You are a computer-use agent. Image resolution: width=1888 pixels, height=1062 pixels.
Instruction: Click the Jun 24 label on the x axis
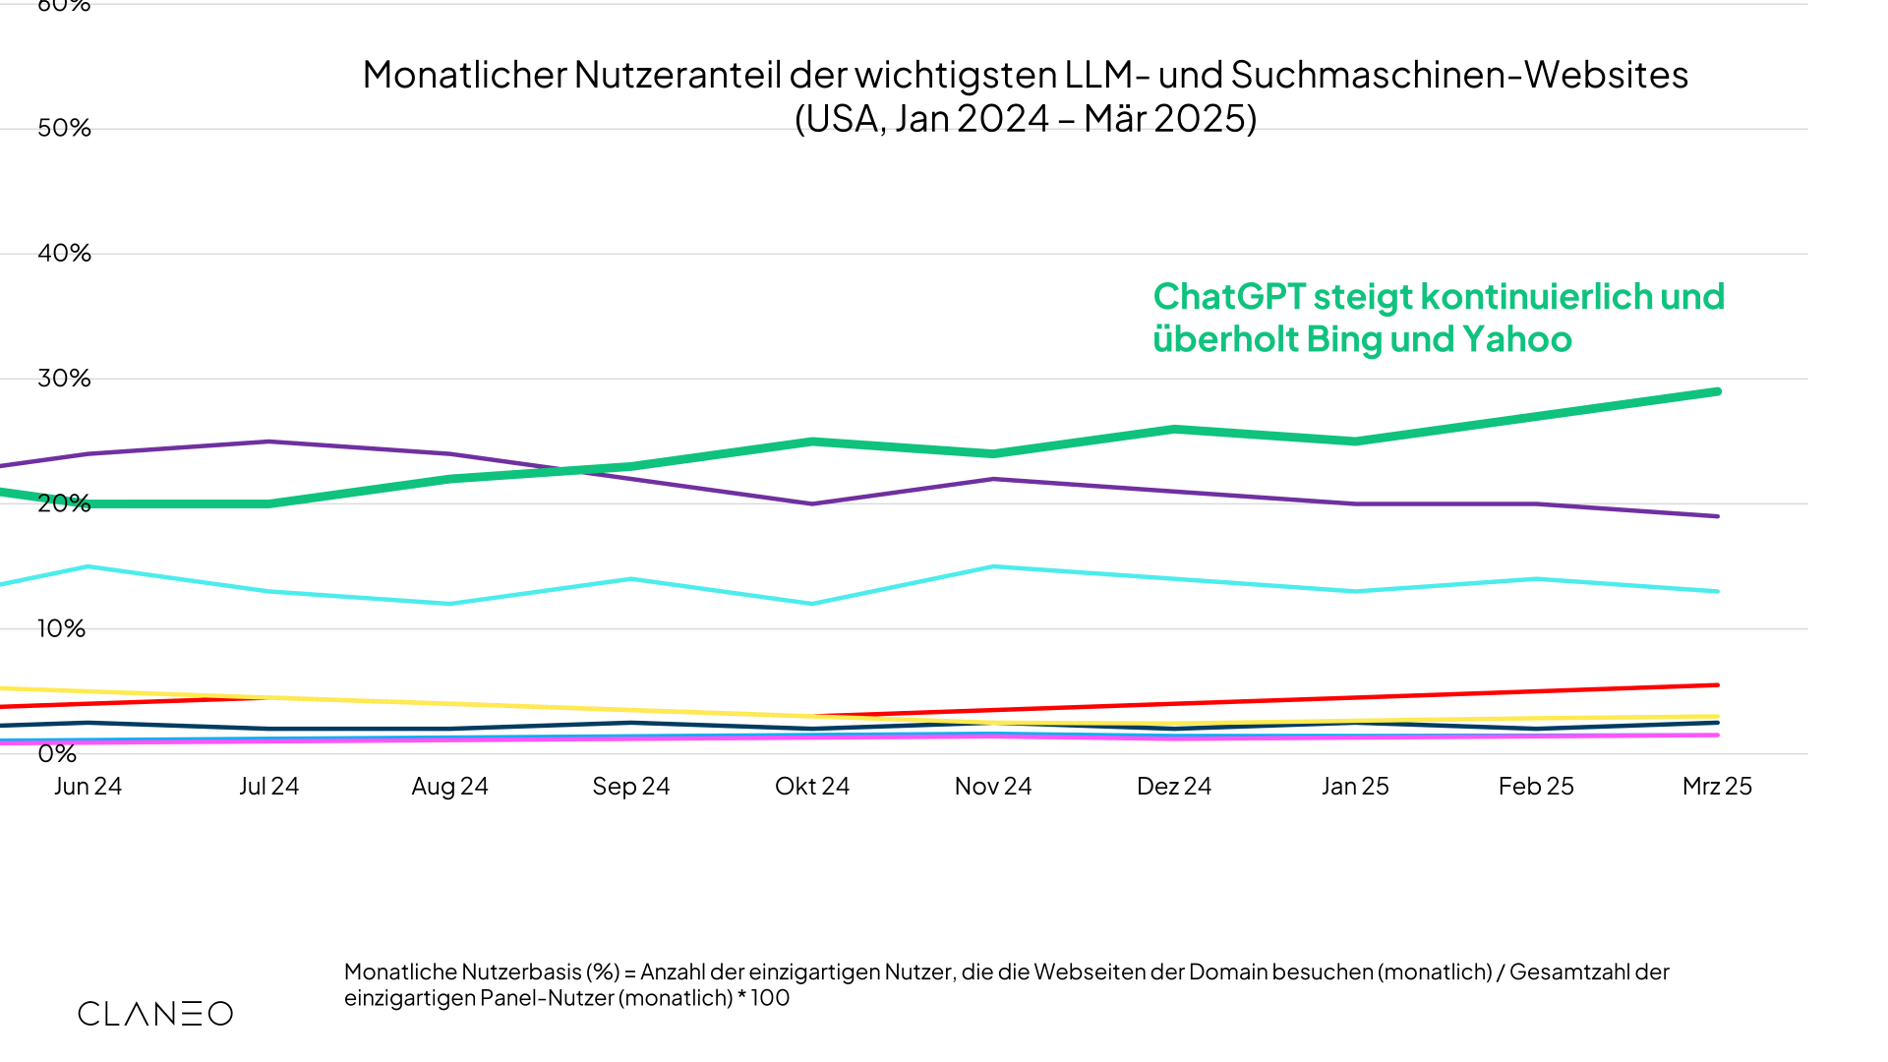[x=88, y=787]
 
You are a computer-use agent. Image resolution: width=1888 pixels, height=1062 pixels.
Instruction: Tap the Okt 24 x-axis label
[x=812, y=787]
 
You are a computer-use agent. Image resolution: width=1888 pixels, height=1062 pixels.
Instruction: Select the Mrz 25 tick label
[x=1717, y=787]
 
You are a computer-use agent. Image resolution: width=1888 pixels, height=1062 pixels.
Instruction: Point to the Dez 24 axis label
[x=1174, y=787]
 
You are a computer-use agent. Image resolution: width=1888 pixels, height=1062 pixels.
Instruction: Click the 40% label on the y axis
[x=64, y=254]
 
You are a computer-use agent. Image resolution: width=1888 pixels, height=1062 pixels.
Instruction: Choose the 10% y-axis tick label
[x=61, y=629]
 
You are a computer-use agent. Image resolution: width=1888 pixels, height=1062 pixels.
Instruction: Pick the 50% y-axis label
[x=64, y=129]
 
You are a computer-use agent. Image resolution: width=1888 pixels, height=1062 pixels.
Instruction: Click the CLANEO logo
[x=155, y=1014]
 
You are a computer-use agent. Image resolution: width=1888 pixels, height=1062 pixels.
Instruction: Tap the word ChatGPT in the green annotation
[x=1229, y=297]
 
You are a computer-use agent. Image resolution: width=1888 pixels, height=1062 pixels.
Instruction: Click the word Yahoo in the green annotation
[x=1517, y=340]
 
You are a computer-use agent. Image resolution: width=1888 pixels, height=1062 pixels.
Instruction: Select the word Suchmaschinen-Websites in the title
[x=1459, y=76]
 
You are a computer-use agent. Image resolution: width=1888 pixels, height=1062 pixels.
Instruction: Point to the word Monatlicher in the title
[x=465, y=76]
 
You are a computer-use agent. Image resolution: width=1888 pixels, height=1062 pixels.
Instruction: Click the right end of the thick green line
[x=1717, y=392]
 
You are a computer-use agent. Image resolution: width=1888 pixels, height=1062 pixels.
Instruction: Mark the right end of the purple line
[x=1717, y=516]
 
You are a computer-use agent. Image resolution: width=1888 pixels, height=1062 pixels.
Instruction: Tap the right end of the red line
[x=1717, y=685]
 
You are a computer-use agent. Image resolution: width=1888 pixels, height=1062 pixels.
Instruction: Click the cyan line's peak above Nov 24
[x=993, y=567]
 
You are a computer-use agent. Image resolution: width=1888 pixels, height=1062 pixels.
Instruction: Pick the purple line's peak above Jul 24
[x=268, y=442]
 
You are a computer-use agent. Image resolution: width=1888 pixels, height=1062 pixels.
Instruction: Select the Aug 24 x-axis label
[x=449, y=787]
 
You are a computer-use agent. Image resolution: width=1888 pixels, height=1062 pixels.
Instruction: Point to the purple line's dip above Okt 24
[x=812, y=503]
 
